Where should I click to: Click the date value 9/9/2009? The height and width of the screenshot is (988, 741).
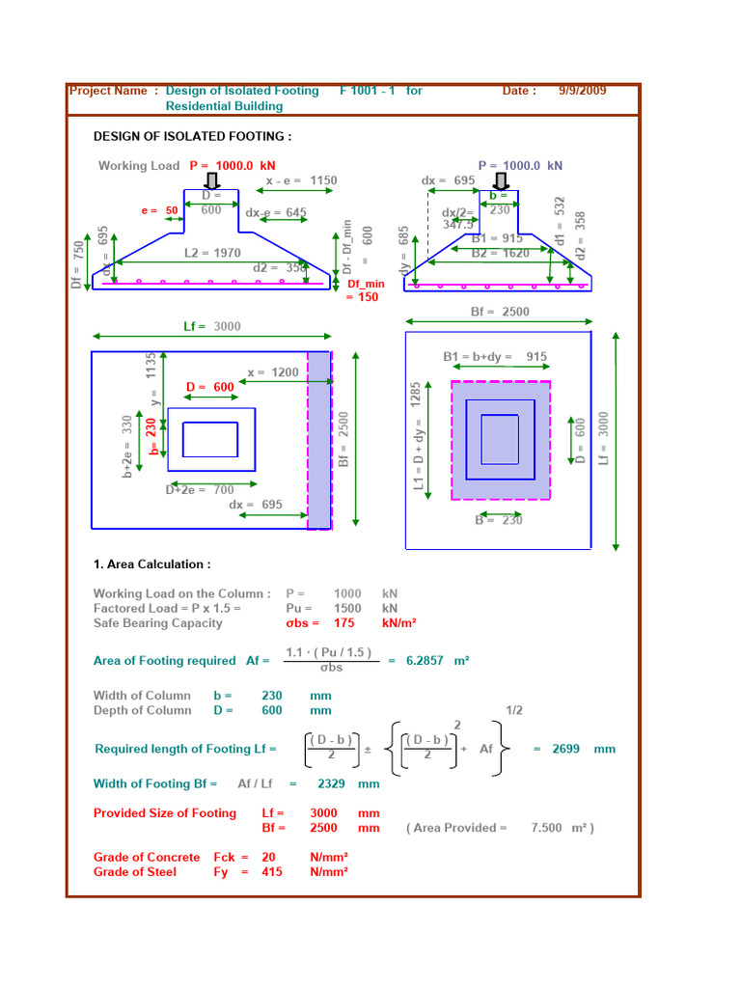(x=582, y=91)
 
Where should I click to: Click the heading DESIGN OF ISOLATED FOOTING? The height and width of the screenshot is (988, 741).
(x=192, y=137)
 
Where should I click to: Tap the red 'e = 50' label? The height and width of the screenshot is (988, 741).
(x=159, y=210)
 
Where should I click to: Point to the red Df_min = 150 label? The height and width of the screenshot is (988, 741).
(x=366, y=290)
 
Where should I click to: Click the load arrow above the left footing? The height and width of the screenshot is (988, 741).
(x=211, y=180)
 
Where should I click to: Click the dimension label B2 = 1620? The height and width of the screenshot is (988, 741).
(x=501, y=253)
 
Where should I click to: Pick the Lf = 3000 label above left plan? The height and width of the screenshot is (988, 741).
(x=212, y=327)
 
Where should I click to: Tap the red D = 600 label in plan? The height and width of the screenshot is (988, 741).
(x=210, y=387)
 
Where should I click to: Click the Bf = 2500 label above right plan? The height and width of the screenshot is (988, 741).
(x=500, y=312)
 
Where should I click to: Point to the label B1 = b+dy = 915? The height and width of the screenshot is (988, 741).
(x=495, y=357)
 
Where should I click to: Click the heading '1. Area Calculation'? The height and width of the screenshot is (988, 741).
(x=151, y=564)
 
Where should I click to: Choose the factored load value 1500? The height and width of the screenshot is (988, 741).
(x=347, y=609)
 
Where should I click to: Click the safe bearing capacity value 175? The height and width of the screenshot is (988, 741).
(x=346, y=623)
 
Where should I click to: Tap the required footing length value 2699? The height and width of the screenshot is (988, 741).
(x=565, y=749)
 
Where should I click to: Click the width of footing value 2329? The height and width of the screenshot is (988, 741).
(x=331, y=784)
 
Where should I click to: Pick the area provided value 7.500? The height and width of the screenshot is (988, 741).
(x=547, y=828)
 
